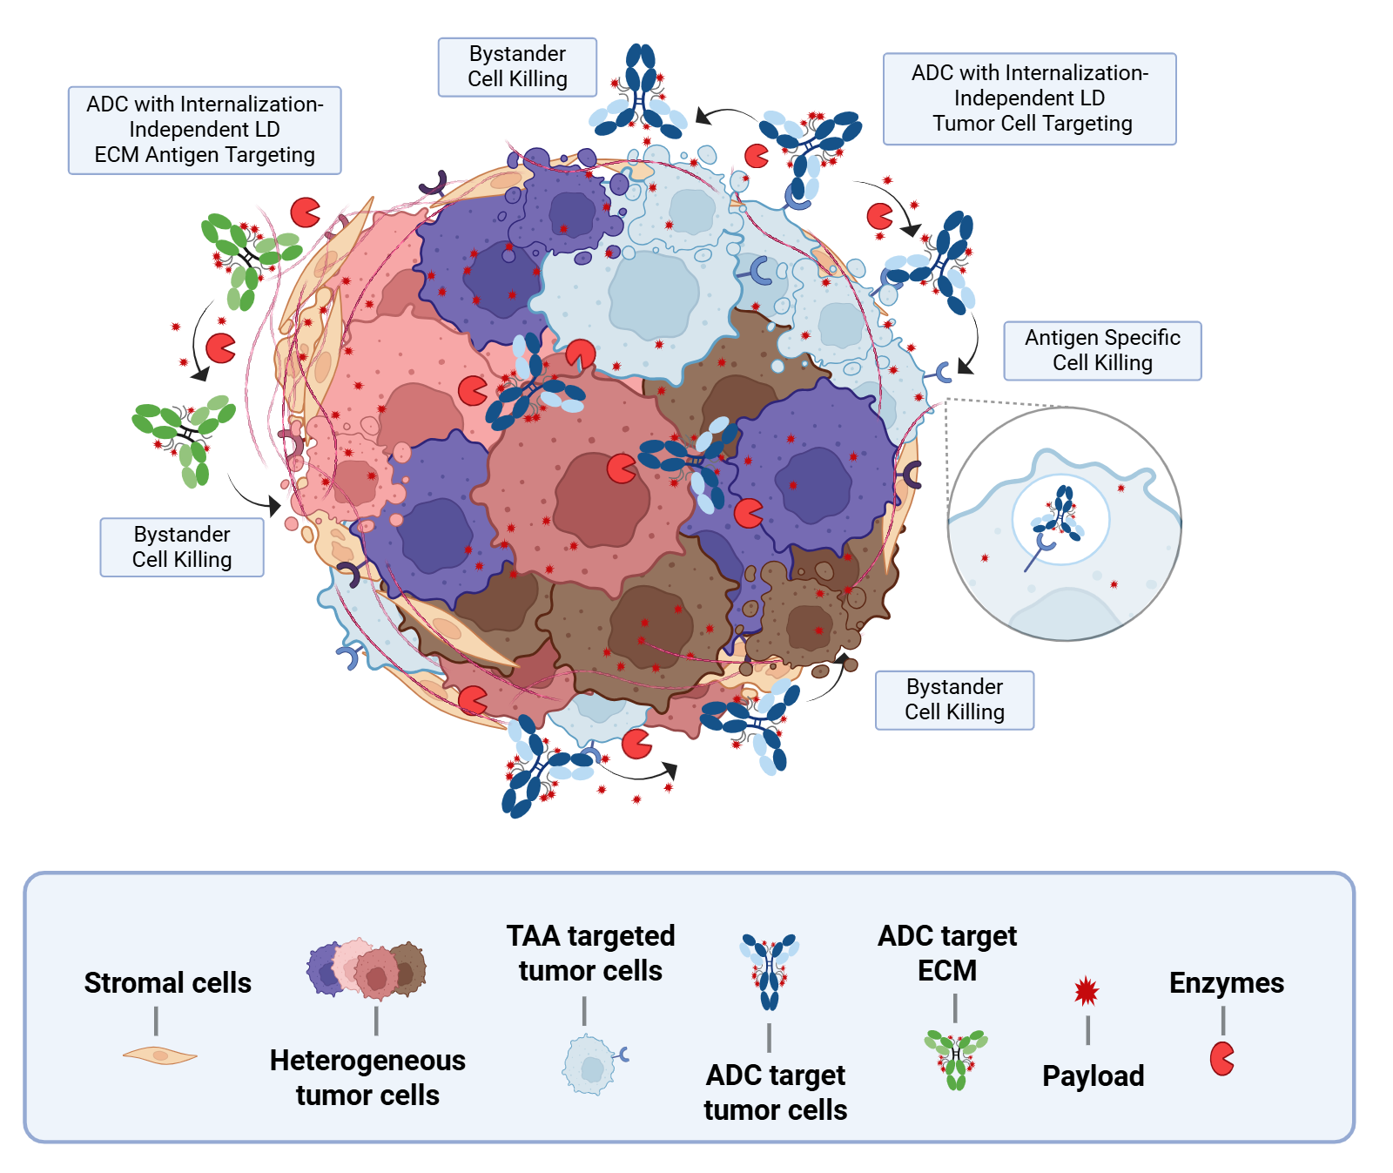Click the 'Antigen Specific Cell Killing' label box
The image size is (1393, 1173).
click(x=1102, y=351)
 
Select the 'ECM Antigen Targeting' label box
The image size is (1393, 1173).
click(x=205, y=131)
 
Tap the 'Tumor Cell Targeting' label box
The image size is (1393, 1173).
click(x=1030, y=98)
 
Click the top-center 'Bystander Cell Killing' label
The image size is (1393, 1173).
click(x=517, y=67)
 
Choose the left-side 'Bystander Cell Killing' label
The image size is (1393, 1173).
click(x=182, y=547)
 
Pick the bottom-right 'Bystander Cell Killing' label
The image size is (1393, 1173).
click(x=954, y=700)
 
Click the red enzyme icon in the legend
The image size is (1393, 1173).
click(x=1222, y=1059)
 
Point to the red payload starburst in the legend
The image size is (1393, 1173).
click(x=1087, y=991)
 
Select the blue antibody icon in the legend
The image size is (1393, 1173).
click(x=770, y=970)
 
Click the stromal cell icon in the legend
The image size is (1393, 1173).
click(x=160, y=1055)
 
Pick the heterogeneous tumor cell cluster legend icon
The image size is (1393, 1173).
click(x=367, y=968)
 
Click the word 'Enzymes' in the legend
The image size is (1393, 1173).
click(x=1226, y=982)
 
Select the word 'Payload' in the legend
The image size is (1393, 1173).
click(x=1093, y=1076)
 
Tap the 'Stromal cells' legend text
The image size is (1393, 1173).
click(x=167, y=982)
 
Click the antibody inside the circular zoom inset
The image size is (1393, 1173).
click(x=1059, y=521)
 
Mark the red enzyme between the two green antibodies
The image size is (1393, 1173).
click(x=220, y=348)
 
